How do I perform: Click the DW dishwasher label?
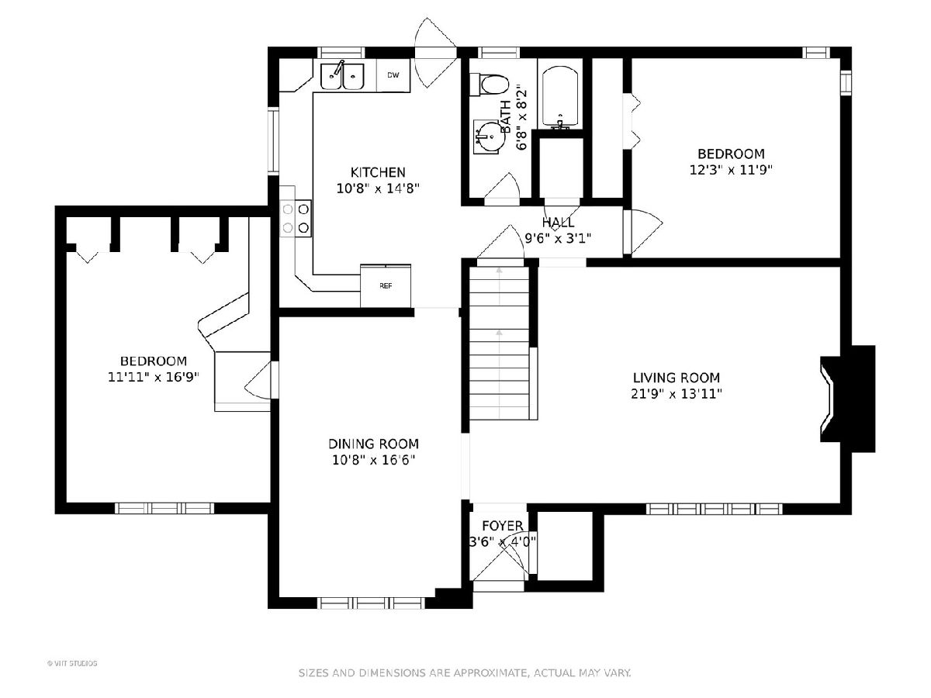pyautogui.click(x=393, y=75)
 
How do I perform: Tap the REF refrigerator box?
pyautogui.click(x=386, y=286)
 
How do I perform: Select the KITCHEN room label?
pyautogui.click(x=378, y=172)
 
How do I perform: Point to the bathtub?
pyautogui.click(x=560, y=98)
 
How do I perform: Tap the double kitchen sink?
pyautogui.click(x=342, y=76)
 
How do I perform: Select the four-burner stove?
pyautogui.click(x=296, y=219)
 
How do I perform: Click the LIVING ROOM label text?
pyautogui.click(x=677, y=377)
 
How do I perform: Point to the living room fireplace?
pyautogui.click(x=848, y=399)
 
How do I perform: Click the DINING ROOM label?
pyautogui.click(x=373, y=444)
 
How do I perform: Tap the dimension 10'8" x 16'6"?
pyautogui.click(x=373, y=460)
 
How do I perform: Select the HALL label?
pyautogui.click(x=558, y=222)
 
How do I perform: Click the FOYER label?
pyautogui.click(x=503, y=526)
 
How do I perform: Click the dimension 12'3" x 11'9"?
pyautogui.click(x=731, y=170)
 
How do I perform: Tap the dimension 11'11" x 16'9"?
pyautogui.click(x=154, y=377)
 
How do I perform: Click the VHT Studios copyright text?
pyautogui.click(x=72, y=663)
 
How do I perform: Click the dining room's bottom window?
pyautogui.click(x=371, y=603)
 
